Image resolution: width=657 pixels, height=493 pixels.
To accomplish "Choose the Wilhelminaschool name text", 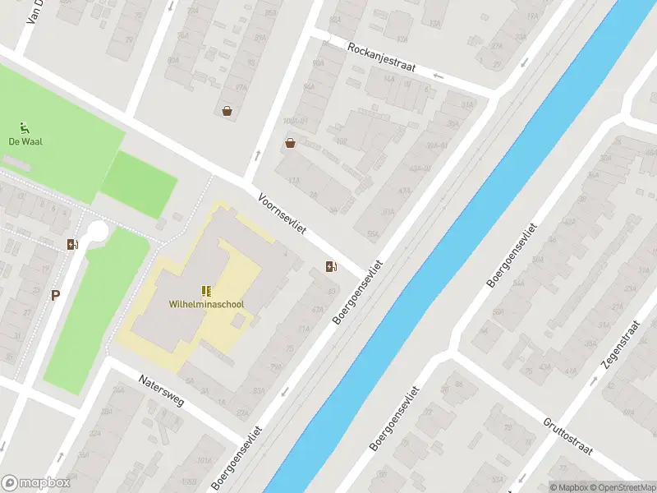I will [x=206, y=304].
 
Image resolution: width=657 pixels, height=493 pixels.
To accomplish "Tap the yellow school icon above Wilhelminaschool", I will [x=206, y=291].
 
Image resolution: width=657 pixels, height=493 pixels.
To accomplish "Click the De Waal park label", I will [x=25, y=141].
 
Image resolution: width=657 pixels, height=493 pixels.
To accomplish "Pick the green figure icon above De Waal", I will [x=25, y=127].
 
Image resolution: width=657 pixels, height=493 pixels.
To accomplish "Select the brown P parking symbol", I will [x=55, y=296].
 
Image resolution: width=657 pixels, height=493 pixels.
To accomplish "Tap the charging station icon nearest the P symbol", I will [x=72, y=243].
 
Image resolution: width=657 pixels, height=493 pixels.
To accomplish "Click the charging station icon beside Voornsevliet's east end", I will [x=331, y=265].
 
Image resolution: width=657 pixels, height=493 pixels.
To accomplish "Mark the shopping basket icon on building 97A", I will [x=227, y=111].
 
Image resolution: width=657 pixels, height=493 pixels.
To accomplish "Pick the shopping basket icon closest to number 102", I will [x=290, y=143].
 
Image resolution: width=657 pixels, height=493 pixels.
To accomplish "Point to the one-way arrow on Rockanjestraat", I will [x=438, y=76].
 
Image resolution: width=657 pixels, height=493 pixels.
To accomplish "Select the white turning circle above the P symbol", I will [x=98, y=231].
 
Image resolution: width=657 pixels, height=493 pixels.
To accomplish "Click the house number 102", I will [x=341, y=141].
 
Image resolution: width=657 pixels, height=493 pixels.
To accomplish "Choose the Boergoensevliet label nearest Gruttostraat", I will [x=400, y=419].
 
